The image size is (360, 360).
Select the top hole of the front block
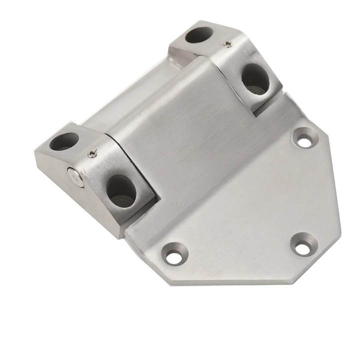[x=64, y=141]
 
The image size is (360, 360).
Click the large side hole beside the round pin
[x=121, y=190]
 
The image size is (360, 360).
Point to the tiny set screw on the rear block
[x=227, y=45]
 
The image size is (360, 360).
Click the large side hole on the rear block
[x=255, y=79]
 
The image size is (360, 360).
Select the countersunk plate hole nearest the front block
[x=173, y=257]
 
